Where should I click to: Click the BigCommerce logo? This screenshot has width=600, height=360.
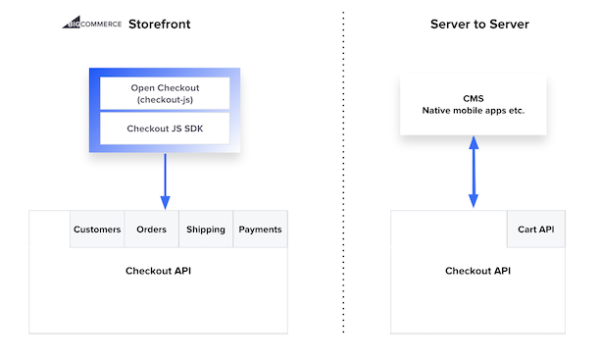87,23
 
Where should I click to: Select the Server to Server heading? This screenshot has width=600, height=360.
479,24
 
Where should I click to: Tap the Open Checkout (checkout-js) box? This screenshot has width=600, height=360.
165,93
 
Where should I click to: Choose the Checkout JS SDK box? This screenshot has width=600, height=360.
165,128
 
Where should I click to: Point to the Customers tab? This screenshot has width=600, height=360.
97,230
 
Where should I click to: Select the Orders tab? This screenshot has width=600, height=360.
151,230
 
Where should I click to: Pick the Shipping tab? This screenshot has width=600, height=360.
206,230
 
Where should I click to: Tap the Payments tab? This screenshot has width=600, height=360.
260,230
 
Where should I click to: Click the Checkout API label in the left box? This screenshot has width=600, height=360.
158,271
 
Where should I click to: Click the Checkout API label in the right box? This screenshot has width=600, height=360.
477,271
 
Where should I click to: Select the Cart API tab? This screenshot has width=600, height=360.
536,230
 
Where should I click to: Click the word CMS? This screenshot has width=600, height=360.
474,98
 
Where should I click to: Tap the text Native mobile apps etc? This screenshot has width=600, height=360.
474,111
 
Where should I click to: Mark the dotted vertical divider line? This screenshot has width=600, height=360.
344,177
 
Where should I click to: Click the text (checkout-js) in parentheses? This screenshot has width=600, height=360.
165,100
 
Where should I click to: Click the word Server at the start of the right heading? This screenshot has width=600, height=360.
450,24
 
